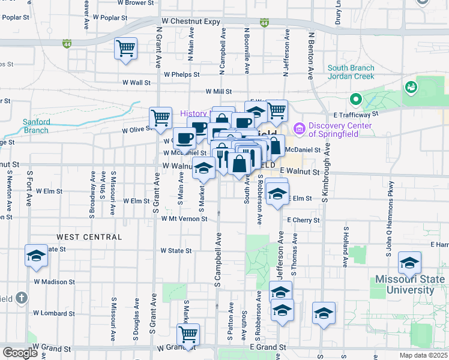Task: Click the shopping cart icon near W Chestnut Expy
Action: tap(125, 48)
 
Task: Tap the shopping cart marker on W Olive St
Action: tap(161, 118)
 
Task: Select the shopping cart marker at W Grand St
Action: tap(188, 334)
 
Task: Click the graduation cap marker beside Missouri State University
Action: tap(409, 263)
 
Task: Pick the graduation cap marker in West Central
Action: tap(36, 256)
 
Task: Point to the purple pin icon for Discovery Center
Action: tap(299, 129)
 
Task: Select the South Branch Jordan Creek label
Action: tap(351, 72)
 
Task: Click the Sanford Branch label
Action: tap(36, 126)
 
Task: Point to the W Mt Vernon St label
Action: tap(184, 219)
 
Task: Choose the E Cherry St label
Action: tap(303, 220)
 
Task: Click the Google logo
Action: tap(20, 353)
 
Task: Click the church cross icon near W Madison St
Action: tap(21, 298)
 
